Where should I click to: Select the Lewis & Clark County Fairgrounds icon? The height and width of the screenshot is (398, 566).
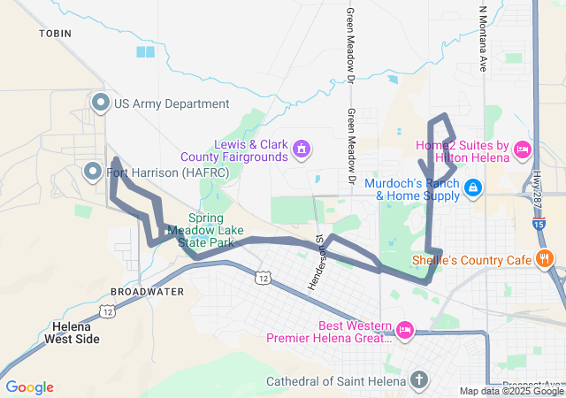coord(302,149)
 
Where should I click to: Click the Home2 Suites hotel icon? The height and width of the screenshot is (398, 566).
coord(522,149)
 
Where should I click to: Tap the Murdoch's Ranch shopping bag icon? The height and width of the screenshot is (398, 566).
coord(473,188)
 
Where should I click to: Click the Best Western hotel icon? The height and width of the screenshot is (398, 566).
coord(405,330)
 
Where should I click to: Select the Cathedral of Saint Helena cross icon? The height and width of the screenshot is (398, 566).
coord(419,381)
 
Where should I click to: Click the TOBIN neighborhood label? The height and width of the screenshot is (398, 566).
coord(54,33)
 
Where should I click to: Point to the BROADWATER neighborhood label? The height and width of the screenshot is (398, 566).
coord(147,291)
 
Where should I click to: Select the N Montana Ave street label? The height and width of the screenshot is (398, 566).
coord(483,37)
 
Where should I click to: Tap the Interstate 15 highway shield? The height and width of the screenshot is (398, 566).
coord(539,225)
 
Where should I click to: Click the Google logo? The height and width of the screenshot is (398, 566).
coord(29,387)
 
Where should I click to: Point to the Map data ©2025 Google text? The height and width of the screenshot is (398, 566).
coord(511,392)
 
